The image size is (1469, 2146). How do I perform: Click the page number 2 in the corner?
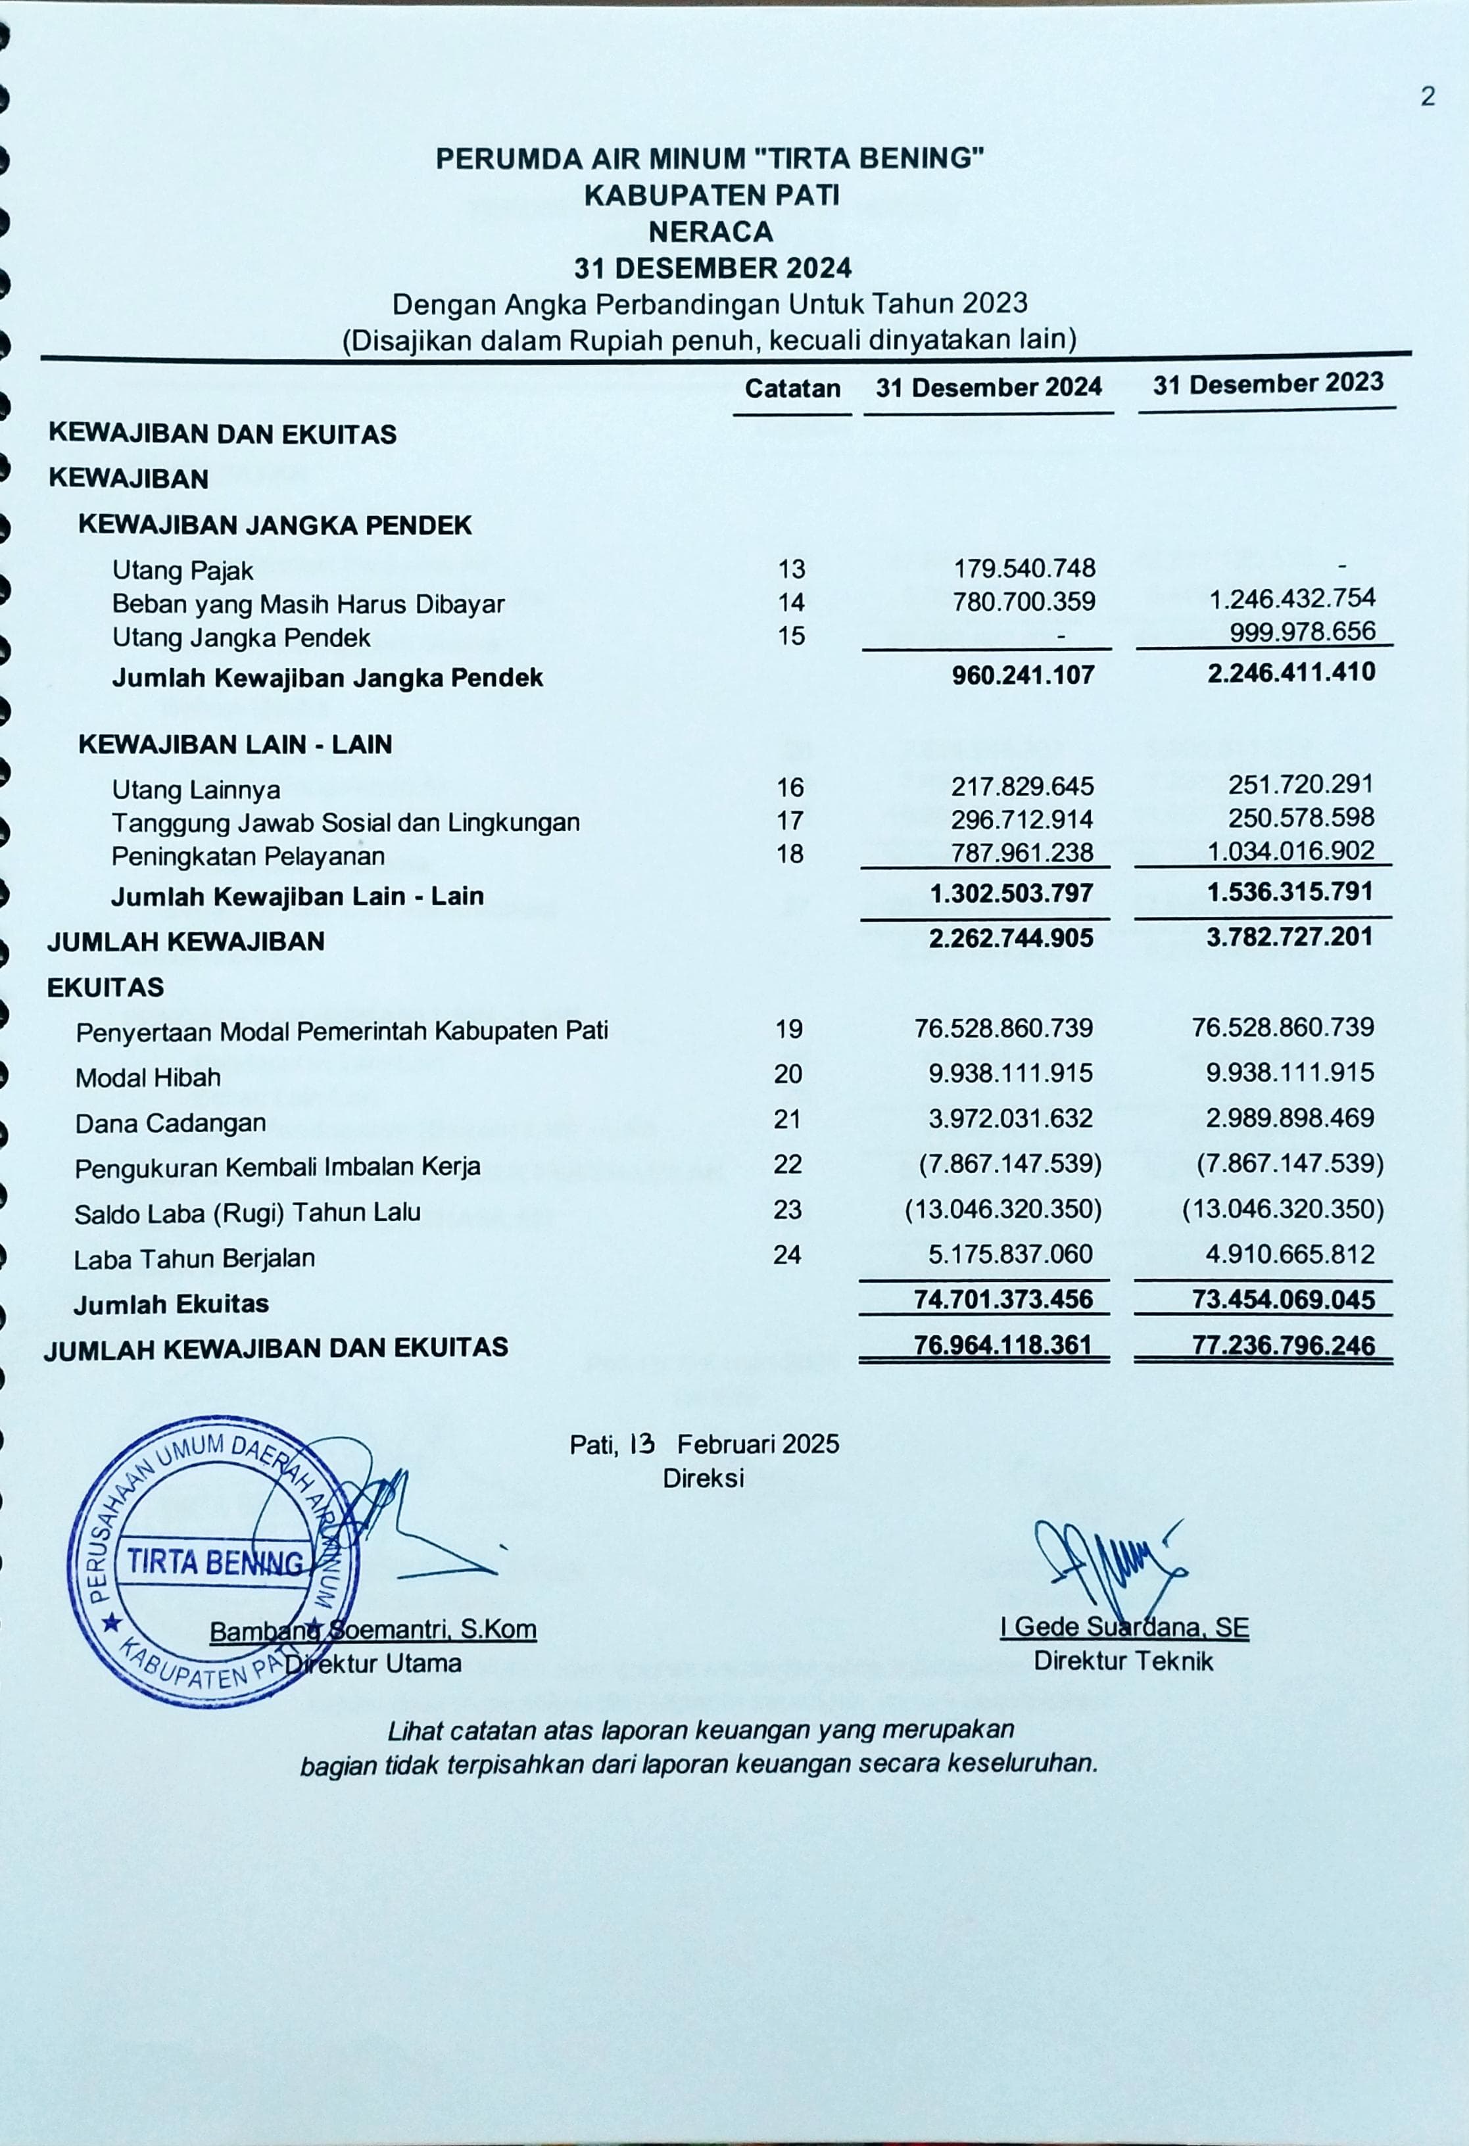pyautogui.click(x=1428, y=97)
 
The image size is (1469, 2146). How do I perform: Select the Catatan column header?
pyautogui.click(x=792, y=389)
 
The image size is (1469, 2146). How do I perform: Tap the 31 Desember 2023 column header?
pyautogui.click(x=1268, y=384)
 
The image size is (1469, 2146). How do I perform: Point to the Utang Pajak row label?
pyautogui.click(x=183, y=571)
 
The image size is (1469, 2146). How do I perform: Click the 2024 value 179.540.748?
pyautogui.click(x=1024, y=568)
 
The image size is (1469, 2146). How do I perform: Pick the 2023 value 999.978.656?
pyautogui.click(x=1302, y=632)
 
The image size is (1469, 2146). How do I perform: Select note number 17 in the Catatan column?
pyautogui.click(x=790, y=820)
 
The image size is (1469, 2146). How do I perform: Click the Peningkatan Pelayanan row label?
pyautogui.click(x=247, y=856)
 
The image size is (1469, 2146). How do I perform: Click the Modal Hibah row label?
pyautogui.click(x=148, y=1078)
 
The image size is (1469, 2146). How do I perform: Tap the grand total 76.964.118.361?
pyautogui.click(x=1003, y=1345)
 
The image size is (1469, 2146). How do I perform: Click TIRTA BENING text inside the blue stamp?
pyautogui.click(x=214, y=1562)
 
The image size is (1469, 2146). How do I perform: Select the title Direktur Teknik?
pyautogui.click(x=1122, y=1661)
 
